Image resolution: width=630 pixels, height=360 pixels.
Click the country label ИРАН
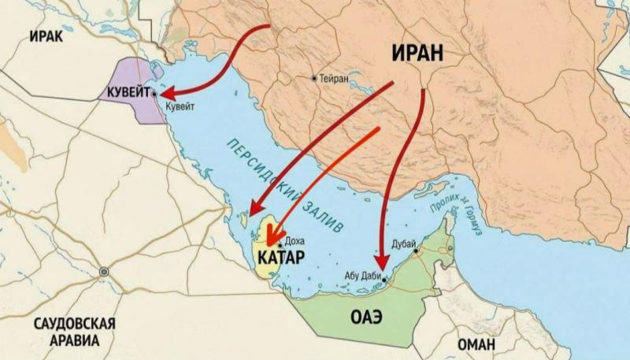click(x=417, y=54)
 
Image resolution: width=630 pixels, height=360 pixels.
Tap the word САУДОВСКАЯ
click(x=75, y=325)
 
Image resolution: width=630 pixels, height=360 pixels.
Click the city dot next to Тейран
click(x=314, y=79)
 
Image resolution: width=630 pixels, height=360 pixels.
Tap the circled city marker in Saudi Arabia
click(x=103, y=272)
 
